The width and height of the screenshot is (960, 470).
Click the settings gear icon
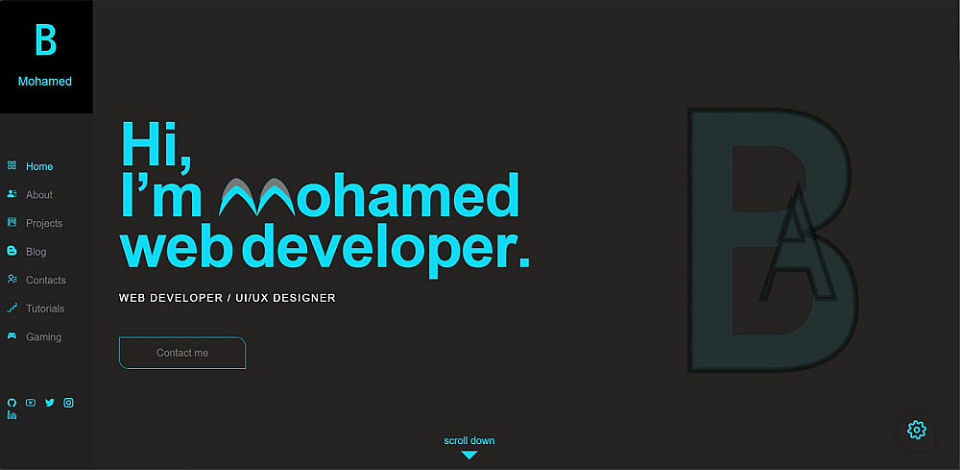(x=917, y=431)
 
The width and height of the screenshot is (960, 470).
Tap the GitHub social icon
(x=12, y=403)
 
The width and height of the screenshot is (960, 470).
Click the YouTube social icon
(x=31, y=403)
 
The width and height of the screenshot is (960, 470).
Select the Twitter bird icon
(x=50, y=403)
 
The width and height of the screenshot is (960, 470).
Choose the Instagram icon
(x=68, y=403)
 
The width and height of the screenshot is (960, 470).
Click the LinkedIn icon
(x=12, y=415)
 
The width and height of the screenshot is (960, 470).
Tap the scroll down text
(x=469, y=440)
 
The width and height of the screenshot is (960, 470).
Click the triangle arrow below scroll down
(x=469, y=455)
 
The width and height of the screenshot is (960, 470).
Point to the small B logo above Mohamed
(x=45, y=40)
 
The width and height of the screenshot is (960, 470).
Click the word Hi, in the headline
(x=156, y=146)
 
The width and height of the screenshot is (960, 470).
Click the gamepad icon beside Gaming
(x=12, y=335)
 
